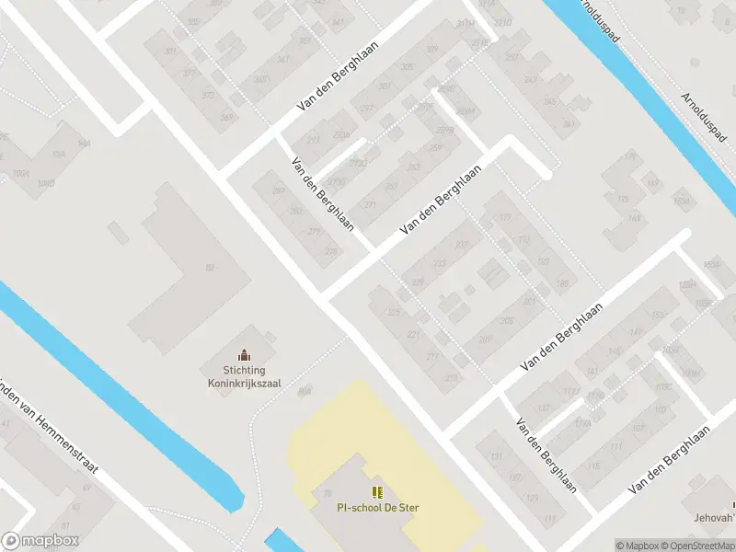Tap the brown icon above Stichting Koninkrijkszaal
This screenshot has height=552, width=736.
click(x=244, y=354)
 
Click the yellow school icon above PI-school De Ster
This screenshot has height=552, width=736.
click(x=377, y=492)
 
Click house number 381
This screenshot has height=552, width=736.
click(x=170, y=52)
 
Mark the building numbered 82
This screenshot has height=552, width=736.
click(x=210, y=268)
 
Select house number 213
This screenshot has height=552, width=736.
click(x=451, y=378)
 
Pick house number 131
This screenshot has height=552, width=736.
click(x=498, y=457)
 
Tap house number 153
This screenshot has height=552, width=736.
click(x=658, y=316)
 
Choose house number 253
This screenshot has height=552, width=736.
click(x=414, y=167)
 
